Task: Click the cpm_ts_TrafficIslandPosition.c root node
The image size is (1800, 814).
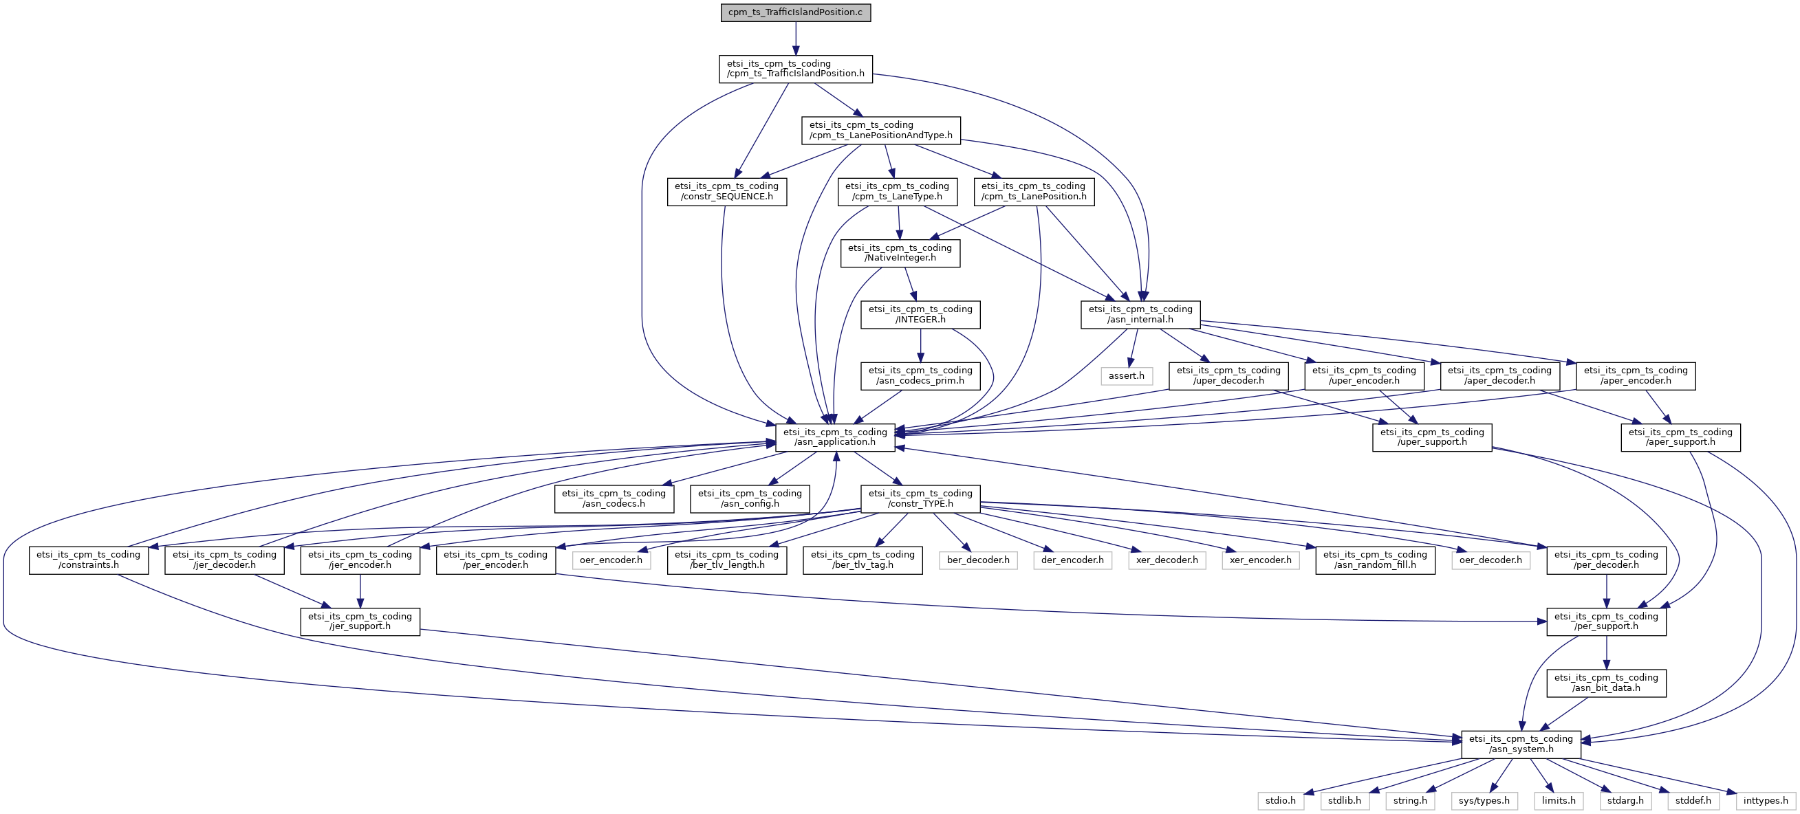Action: tap(795, 12)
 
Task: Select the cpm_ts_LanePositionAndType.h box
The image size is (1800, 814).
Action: tap(880, 131)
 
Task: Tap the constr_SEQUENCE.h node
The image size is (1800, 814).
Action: tap(726, 192)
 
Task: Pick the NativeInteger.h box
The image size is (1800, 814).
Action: tap(899, 253)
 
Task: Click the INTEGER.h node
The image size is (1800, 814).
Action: tap(920, 314)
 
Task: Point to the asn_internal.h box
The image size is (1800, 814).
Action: tap(1140, 314)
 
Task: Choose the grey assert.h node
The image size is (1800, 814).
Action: tap(1126, 376)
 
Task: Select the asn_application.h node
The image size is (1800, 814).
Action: tap(834, 437)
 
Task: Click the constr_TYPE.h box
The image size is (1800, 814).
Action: tap(920, 499)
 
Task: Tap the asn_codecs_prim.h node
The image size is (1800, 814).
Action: tap(920, 376)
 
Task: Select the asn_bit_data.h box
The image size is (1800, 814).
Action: tap(1606, 683)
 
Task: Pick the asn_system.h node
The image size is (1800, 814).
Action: tap(1521, 744)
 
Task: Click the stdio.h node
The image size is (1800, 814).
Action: tap(1280, 801)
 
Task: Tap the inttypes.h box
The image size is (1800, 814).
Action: tap(1765, 801)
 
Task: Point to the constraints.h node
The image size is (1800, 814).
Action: tap(88, 560)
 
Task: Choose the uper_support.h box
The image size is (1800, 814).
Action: tap(1432, 437)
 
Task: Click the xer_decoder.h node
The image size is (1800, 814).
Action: tap(1167, 560)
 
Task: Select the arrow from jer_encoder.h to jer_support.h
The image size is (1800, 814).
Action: tap(360, 591)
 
